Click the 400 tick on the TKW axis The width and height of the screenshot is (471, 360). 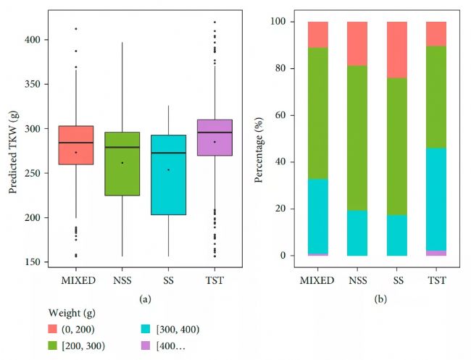point(37,40)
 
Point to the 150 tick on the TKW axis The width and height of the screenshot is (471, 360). point(37,261)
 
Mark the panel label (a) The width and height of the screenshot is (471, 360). point(145,296)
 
